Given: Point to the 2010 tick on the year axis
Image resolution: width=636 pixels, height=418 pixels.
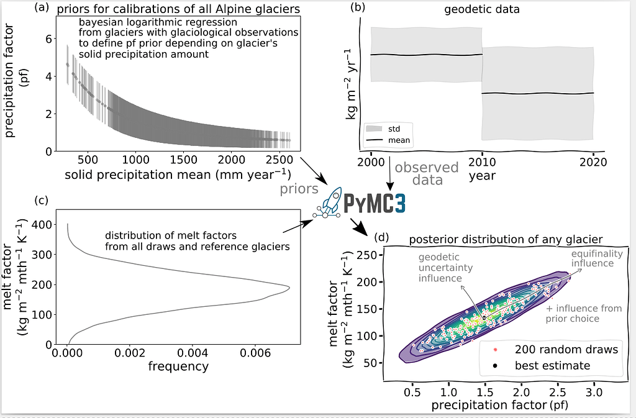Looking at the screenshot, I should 482,162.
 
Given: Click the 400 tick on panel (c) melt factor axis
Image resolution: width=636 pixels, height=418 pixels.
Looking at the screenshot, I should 46,225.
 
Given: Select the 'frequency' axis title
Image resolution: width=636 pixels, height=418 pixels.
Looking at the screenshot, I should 178,366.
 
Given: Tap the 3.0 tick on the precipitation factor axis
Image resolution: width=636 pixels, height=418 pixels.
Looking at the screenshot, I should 594,394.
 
